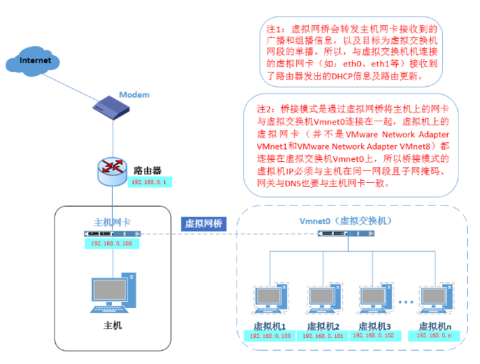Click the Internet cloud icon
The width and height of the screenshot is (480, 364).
click(x=33, y=61)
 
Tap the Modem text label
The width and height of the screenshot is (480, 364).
click(x=134, y=95)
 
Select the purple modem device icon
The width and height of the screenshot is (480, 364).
click(x=111, y=107)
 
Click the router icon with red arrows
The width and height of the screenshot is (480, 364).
click(x=112, y=171)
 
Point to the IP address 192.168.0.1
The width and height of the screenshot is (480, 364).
click(x=149, y=182)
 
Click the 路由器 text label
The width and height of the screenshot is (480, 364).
click(x=148, y=171)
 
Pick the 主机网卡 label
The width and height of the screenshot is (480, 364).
click(x=112, y=222)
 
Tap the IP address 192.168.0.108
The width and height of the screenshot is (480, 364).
click(x=112, y=244)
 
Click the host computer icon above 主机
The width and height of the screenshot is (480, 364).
click(x=114, y=293)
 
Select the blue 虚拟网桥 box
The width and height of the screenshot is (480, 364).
click(x=204, y=223)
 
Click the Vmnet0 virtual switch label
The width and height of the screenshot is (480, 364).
click(x=346, y=221)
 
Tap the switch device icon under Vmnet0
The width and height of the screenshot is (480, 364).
click(x=346, y=233)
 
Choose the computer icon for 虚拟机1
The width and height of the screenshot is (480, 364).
click(x=270, y=299)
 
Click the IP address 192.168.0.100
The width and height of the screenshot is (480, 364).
click(x=270, y=336)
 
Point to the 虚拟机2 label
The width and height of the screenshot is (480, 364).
click(x=323, y=327)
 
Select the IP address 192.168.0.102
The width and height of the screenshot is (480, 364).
click(x=373, y=335)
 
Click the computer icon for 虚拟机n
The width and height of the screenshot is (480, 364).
click(x=436, y=299)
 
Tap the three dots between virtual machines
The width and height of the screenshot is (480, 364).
click(x=406, y=302)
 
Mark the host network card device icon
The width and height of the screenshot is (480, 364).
click(x=112, y=234)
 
